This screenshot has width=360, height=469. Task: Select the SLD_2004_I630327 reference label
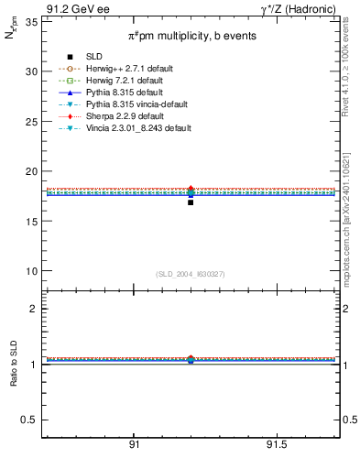190,274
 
